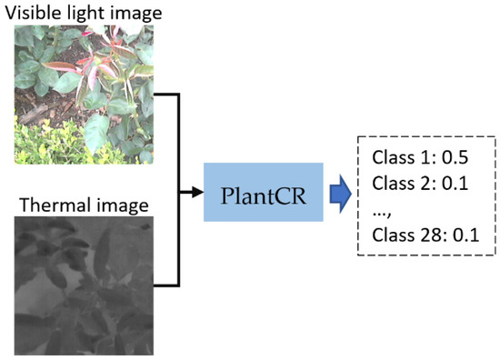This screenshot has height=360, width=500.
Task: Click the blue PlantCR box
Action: [263, 194]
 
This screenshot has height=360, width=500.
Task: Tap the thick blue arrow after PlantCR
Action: [339, 194]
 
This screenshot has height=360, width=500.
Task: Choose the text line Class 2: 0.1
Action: [415, 182]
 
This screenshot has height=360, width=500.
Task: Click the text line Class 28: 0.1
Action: [419, 236]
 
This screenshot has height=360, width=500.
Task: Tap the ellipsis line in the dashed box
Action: [382, 208]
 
